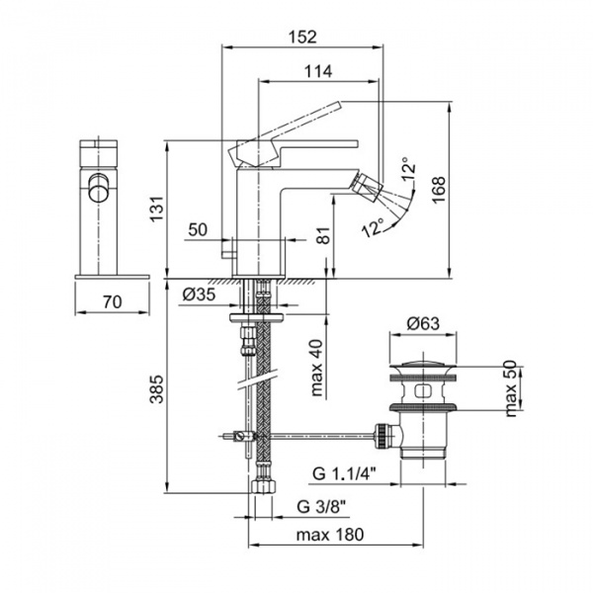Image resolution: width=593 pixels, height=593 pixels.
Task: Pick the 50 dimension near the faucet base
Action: (197, 229)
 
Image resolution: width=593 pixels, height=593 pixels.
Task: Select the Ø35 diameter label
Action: (201, 293)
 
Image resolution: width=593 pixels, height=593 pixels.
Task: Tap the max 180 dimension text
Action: (330, 535)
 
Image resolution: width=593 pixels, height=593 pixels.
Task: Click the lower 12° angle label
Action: (372, 229)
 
